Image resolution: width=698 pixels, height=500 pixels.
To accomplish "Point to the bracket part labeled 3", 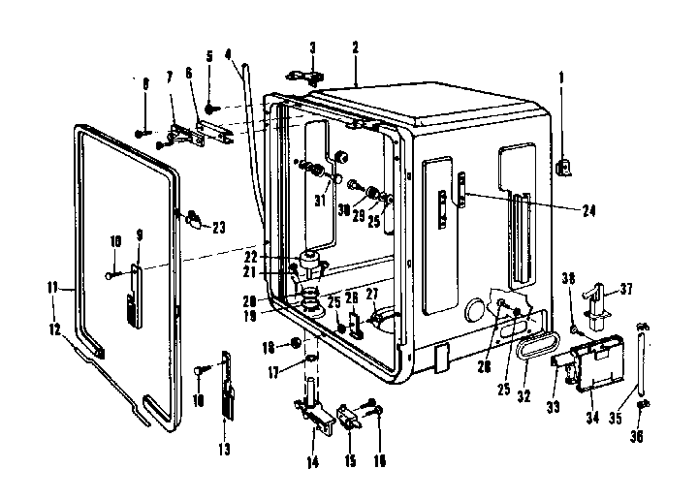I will coord(304,78).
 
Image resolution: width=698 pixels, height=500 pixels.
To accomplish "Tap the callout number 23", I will coord(218,228).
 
